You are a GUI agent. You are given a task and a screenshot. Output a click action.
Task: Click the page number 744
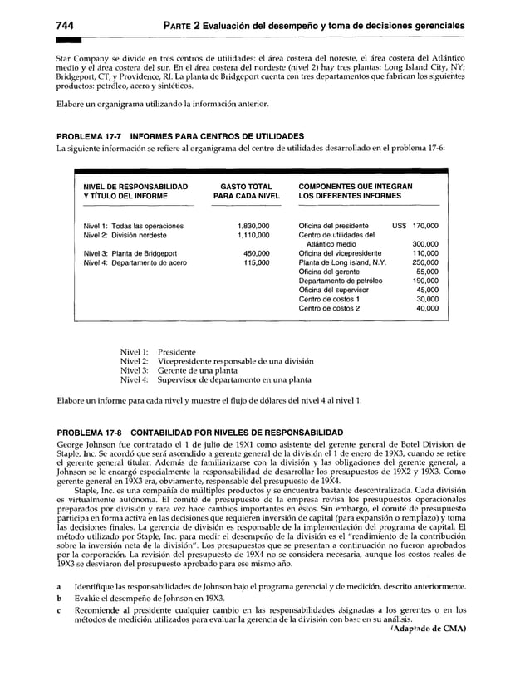point(66,26)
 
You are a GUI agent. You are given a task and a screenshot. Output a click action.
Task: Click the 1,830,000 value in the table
point(253,225)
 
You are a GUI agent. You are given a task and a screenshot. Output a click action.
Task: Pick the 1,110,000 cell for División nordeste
point(253,235)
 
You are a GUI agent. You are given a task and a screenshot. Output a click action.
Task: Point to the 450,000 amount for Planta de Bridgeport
point(256,253)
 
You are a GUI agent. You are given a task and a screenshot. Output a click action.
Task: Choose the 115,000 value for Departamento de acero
point(256,262)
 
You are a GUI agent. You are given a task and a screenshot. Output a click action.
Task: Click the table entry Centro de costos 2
point(329,308)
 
